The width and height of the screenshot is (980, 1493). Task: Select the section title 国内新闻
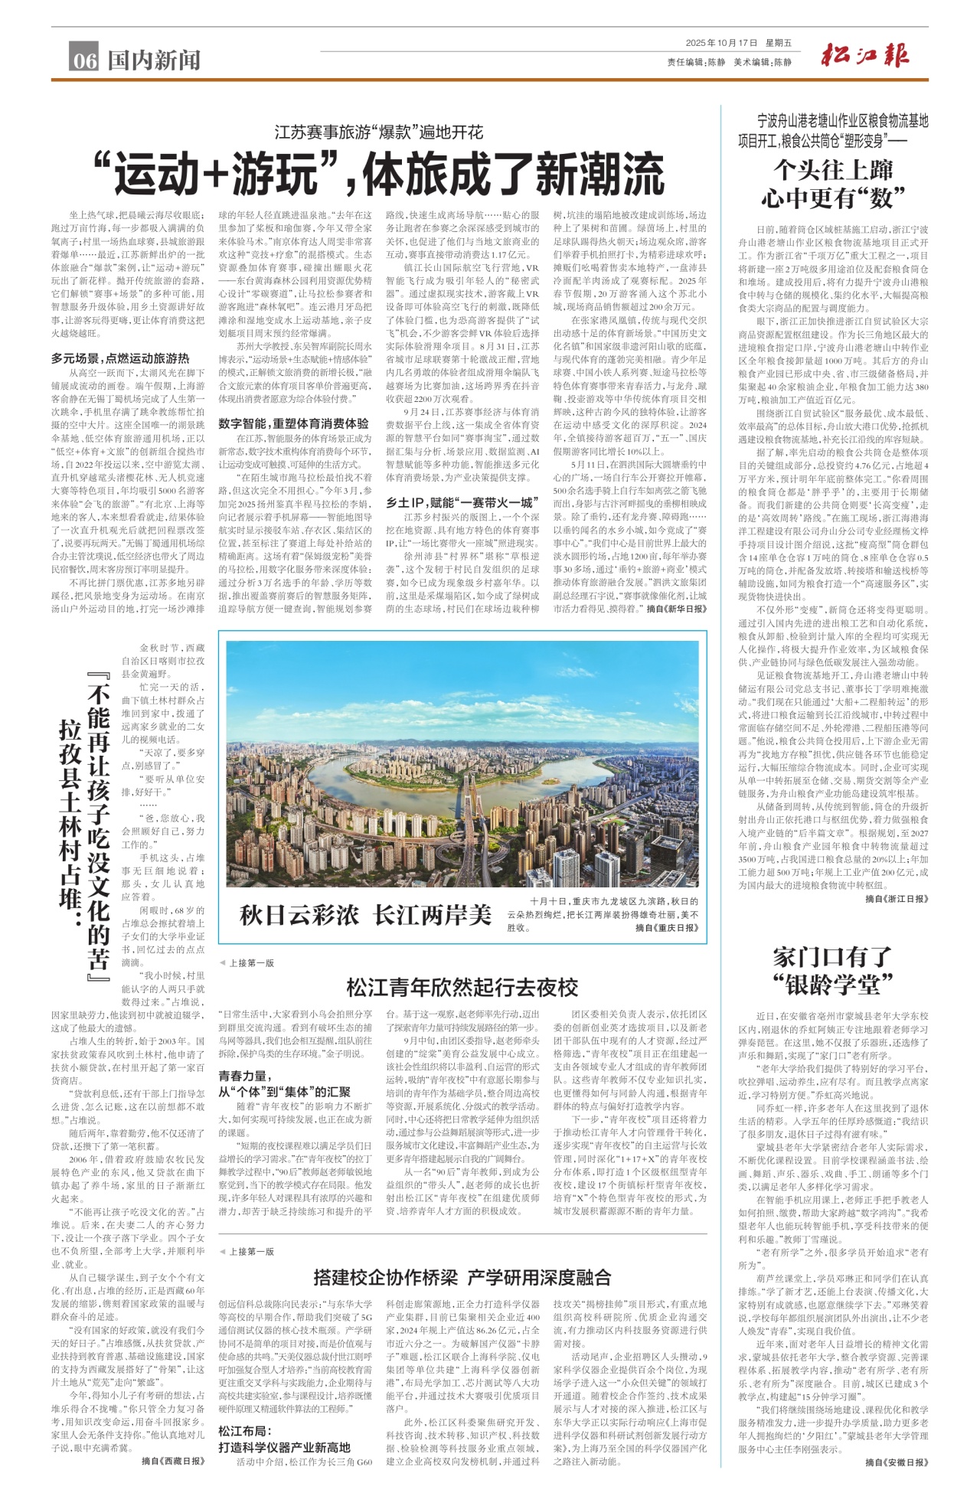coord(154,60)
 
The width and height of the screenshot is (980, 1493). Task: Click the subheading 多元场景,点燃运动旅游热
coord(120,358)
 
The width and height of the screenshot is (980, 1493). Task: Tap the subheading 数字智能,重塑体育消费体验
coord(293,423)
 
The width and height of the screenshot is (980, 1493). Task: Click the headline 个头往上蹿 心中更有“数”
coord(833,184)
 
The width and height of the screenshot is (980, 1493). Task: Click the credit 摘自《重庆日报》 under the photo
coord(667,928)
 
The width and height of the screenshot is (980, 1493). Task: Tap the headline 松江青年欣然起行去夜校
coord(462,988)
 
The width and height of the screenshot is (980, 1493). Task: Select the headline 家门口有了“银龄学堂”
coord(833,970)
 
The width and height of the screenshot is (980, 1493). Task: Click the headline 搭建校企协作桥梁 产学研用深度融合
coord(462,1277)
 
